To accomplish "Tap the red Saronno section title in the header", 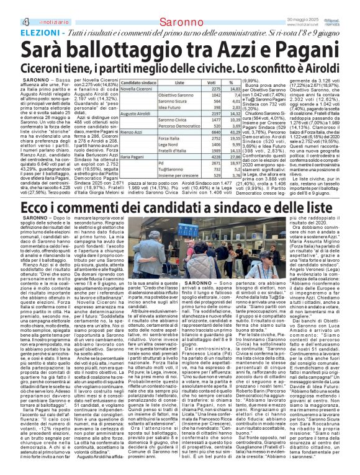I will pos(180,6).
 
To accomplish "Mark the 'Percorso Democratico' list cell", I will pos(178,126).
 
